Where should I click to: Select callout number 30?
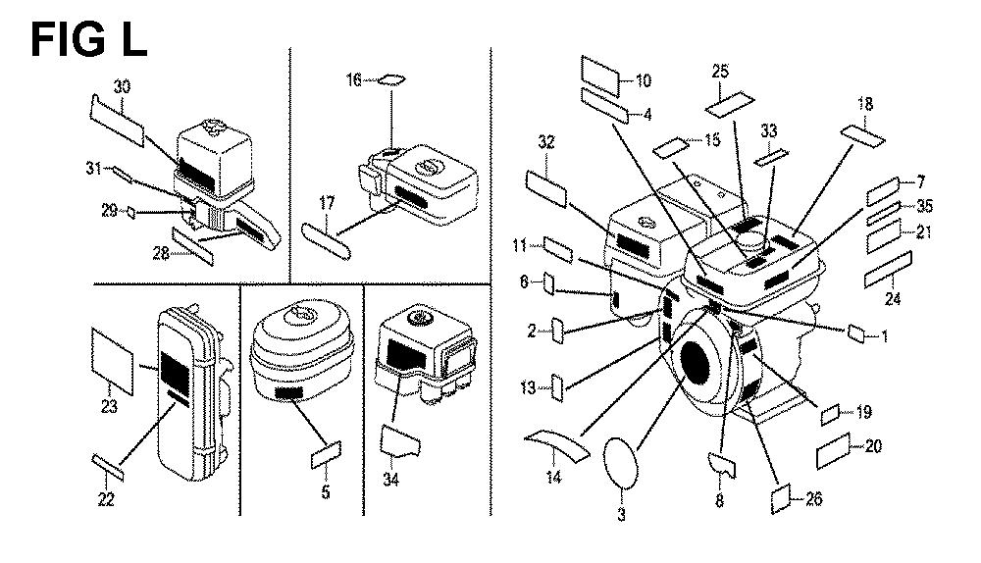click(123, 87)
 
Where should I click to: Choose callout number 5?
click(326, 492)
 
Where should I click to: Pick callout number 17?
click(327, 203)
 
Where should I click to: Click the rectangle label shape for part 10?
click(598, 73)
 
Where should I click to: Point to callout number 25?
click(720, 72)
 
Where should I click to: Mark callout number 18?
click(864, 103)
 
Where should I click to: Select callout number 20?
click(872, 446)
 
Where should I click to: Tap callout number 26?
click(813, 499)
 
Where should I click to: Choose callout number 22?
click(106, 501)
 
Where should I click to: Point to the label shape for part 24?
click(888, 270)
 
